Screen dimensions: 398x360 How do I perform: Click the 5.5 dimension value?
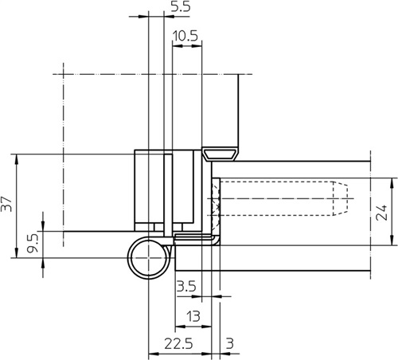coord(181,6)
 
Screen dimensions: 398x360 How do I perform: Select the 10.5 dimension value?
coord(185,36)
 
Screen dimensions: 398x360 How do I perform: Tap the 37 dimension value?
coord(6,204)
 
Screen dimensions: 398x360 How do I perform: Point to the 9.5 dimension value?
coord(33,242)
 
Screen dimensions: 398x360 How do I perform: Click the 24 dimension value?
coord(382,212)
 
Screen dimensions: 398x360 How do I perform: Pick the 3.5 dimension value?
coord(186,287)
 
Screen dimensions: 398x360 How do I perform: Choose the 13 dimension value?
coord(193,316)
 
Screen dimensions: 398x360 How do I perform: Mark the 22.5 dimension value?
coord(178,344)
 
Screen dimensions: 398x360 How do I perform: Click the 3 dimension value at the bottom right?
coord(230,343)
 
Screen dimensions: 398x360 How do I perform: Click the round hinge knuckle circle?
coord(128,257)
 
